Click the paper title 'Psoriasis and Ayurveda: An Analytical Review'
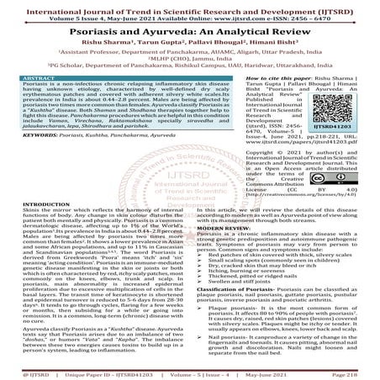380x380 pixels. (190, 26)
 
